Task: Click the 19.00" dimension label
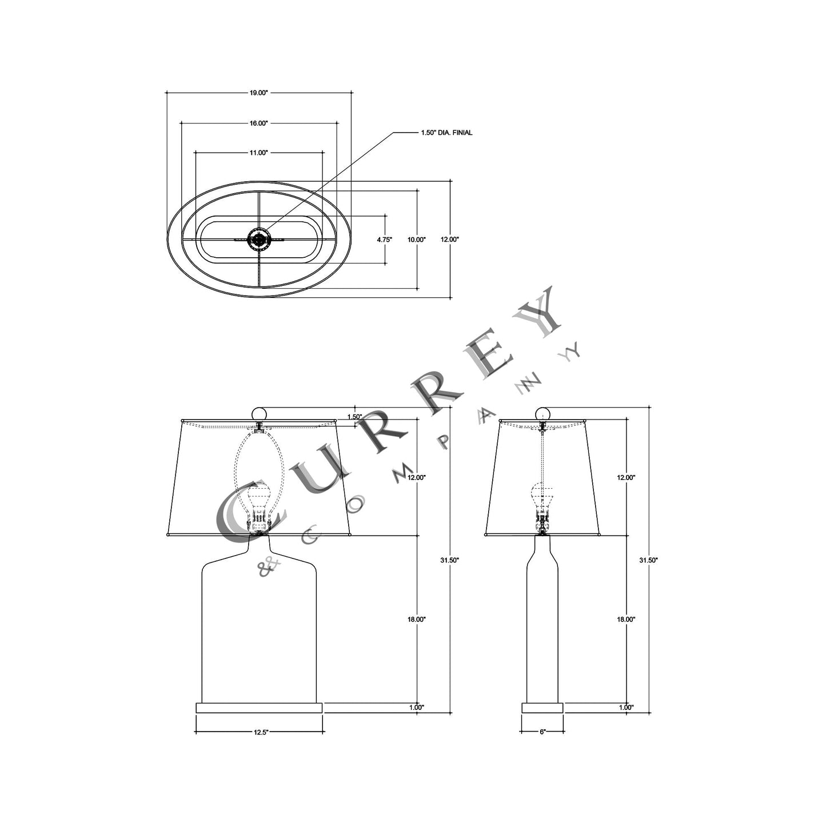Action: tap(258, 93)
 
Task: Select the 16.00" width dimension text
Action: tap(258, 123)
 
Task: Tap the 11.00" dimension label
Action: tap(258, 153)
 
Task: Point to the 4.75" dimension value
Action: tap(384, 240)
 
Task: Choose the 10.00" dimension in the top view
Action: tap(416, 240)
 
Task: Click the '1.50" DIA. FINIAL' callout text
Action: tap(446, 133)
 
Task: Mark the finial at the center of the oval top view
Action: tap(259, 240)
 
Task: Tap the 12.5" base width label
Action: tap(260, 732)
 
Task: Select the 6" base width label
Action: tap(542, 732)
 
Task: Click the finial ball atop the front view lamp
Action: tap(260, 413)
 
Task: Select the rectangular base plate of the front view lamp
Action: tap(259, 708)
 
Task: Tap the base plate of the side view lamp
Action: tap(542, 708)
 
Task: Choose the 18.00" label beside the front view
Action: tap(417, 619)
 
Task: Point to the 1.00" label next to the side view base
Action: tap(626, 708)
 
